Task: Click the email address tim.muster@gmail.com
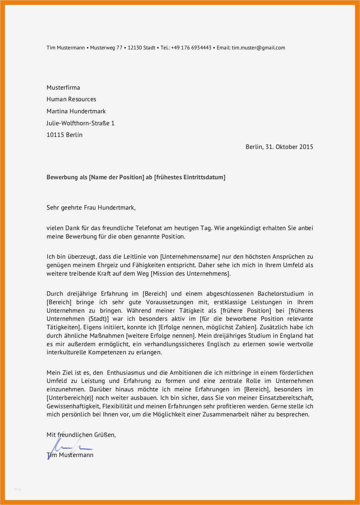tap(258, 48)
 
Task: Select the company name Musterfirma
tap(63, 88)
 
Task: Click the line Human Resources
tap(71, 99)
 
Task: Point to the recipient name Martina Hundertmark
tap(76, 111)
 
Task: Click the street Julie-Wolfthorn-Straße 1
tap(80, 123)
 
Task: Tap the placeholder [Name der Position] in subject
tap(117, 177)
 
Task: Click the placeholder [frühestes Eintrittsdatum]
tap(190, 177)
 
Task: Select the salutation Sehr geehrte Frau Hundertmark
tap(91, 208)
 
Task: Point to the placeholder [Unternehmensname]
tap(190, 257)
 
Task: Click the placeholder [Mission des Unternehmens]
tap(191, 273)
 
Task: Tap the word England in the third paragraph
tap(291, 336)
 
